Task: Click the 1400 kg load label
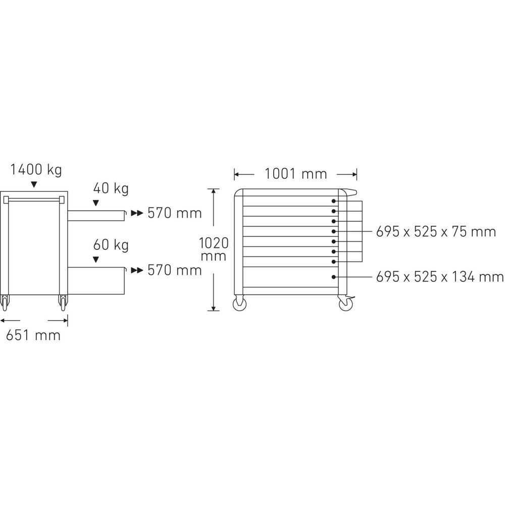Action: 36,170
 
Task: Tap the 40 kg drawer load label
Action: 111,188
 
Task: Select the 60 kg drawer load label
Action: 111,245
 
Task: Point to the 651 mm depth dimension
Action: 33,336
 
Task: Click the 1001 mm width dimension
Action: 295,174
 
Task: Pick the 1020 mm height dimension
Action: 214,249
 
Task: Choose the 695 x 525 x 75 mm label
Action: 436,232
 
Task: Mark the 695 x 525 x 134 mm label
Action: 440,277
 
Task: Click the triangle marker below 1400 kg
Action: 34,184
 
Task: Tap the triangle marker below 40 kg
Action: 95,203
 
